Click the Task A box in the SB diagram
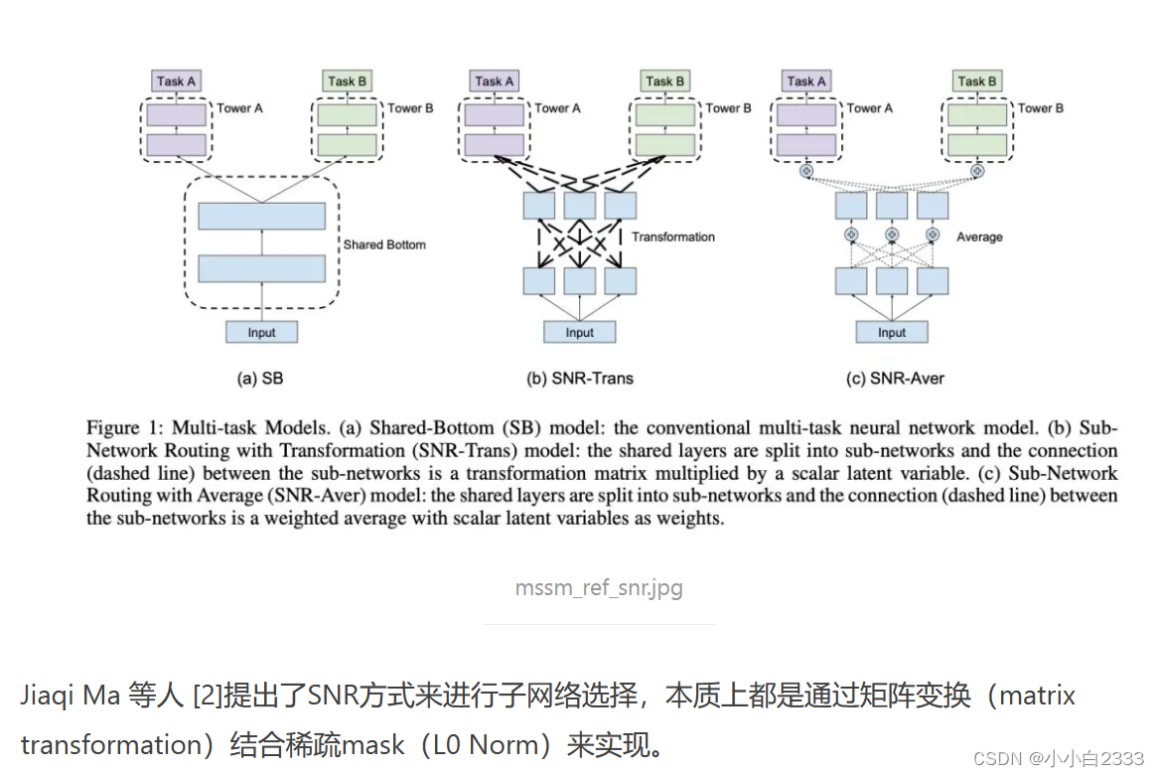176,81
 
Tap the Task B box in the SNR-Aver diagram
977,81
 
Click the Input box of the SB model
261,332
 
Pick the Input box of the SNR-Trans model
579,332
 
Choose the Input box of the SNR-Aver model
891,332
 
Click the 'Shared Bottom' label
384,244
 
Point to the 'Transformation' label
672,237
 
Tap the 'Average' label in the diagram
978,237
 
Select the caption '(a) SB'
261,378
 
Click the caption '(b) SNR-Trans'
579,378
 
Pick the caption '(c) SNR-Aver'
892,378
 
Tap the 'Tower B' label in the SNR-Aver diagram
1041,108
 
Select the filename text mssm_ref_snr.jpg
599,587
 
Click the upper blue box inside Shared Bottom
261,216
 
